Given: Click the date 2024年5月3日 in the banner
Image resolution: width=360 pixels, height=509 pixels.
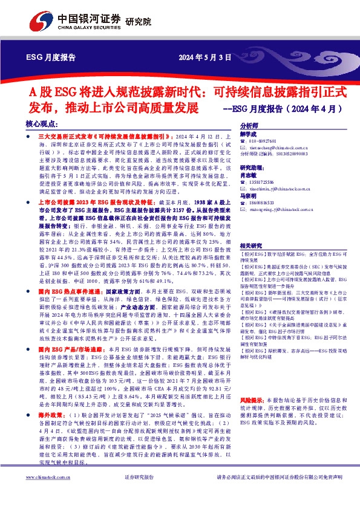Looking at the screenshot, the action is [205, 59].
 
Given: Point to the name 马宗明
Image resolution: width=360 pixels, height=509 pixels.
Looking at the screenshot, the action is [249, 196].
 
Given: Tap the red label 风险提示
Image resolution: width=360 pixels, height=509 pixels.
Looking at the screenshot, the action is [252, 383].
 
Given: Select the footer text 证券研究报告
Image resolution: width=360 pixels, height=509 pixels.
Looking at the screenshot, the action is [140, 494].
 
